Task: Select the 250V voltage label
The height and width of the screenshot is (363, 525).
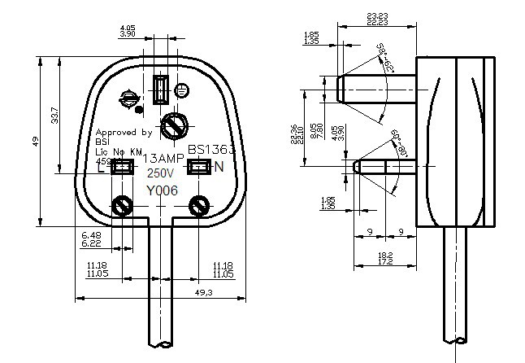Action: coord(158,173)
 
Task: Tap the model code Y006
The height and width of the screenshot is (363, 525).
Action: coord(162,190)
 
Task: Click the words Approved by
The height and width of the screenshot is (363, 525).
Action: coord(124,133)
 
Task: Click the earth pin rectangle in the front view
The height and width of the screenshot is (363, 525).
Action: coord(161,90)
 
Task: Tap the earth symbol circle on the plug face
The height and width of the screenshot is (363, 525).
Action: coord(128,98)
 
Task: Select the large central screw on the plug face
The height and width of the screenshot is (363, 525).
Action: coord(175,126)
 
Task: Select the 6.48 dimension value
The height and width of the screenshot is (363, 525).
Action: coord(91,234)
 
